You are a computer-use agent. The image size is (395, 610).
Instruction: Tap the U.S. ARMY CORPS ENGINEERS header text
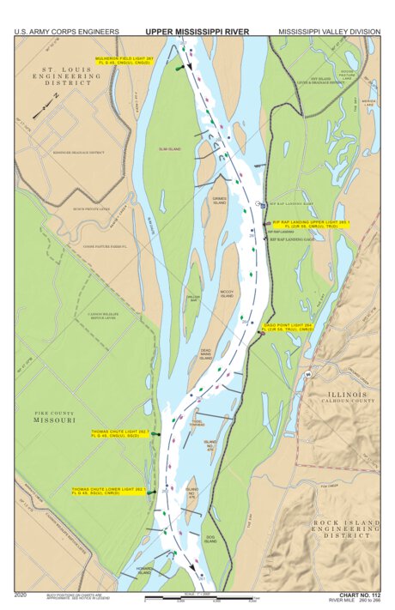66,32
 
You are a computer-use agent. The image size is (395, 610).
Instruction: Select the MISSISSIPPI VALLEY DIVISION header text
328,32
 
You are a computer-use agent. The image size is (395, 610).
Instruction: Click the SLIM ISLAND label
169,149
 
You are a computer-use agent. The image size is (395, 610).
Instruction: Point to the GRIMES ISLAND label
219,201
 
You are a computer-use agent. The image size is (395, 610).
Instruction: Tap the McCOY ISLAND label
226,293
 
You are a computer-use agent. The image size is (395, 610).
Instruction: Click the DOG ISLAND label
210,541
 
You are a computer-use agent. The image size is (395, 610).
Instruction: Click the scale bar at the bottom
201,598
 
